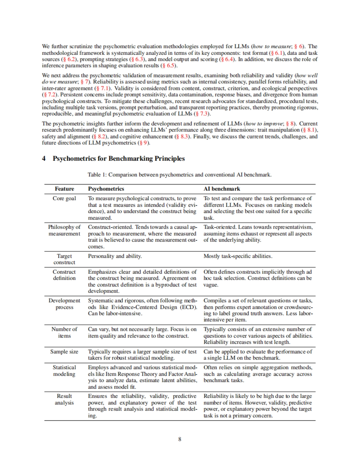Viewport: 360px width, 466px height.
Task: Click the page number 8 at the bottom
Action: pos(180,439)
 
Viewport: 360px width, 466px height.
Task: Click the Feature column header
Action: pos(64,189)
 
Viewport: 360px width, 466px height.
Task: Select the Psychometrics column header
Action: pos(106,189)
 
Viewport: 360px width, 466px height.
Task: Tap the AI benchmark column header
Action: pos(222,189)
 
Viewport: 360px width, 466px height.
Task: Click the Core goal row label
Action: pos(64,198)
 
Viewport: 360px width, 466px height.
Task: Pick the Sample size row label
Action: pos(64,352)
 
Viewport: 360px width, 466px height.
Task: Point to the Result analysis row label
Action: pos(64,399)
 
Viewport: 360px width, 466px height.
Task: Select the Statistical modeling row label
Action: pos(64,371)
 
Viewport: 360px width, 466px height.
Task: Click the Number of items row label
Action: pos(64,332)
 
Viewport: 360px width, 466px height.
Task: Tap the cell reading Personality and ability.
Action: pos(115,256)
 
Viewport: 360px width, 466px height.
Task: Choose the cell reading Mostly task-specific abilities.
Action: pos(238,256)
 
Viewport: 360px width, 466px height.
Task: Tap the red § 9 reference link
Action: pos(144,143)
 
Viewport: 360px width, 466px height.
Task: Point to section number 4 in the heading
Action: pos(44,159)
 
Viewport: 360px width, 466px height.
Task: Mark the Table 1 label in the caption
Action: pos(97,175)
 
